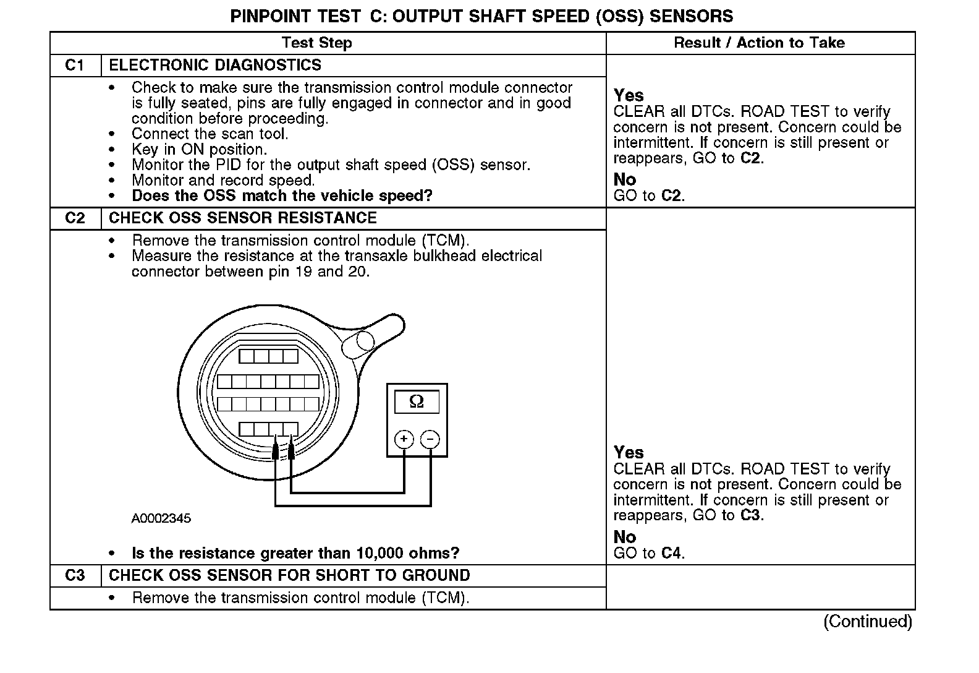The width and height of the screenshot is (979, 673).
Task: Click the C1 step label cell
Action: (x=75, y=66)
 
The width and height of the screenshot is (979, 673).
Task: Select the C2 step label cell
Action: (x=75, y=218)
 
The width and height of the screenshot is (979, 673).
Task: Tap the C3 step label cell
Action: (x=75, y=576)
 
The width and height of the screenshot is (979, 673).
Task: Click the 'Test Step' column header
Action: (x=316, y=43)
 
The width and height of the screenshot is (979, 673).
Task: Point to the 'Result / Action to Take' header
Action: (x=759, y=43)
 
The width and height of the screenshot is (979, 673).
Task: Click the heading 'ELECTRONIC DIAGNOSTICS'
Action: (x=215, y=66)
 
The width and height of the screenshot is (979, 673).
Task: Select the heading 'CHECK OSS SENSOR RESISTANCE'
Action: (x=242, y=218)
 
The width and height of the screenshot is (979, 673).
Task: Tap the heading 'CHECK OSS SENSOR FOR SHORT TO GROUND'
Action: (x=289, y=576)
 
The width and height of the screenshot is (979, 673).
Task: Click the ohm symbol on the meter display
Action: (x=417, y=402)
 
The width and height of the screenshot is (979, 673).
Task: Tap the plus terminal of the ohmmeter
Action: (x=404, y=440)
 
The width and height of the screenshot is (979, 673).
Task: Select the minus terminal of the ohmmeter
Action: (x=430, y=440)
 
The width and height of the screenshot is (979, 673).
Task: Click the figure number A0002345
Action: (x=161, y=518)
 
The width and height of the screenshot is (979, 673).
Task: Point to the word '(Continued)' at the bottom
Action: (x=868, y=622)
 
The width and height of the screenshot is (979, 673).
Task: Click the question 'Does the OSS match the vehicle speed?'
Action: (x=282, y=196)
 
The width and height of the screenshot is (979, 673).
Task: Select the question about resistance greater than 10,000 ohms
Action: (x=295, y=553)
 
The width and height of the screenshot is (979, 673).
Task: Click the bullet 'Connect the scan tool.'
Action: (x=210, y=134)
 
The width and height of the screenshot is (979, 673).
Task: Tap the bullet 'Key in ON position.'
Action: (x=199, y=150)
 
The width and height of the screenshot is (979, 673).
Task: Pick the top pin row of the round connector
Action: (x=269, y=356)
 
